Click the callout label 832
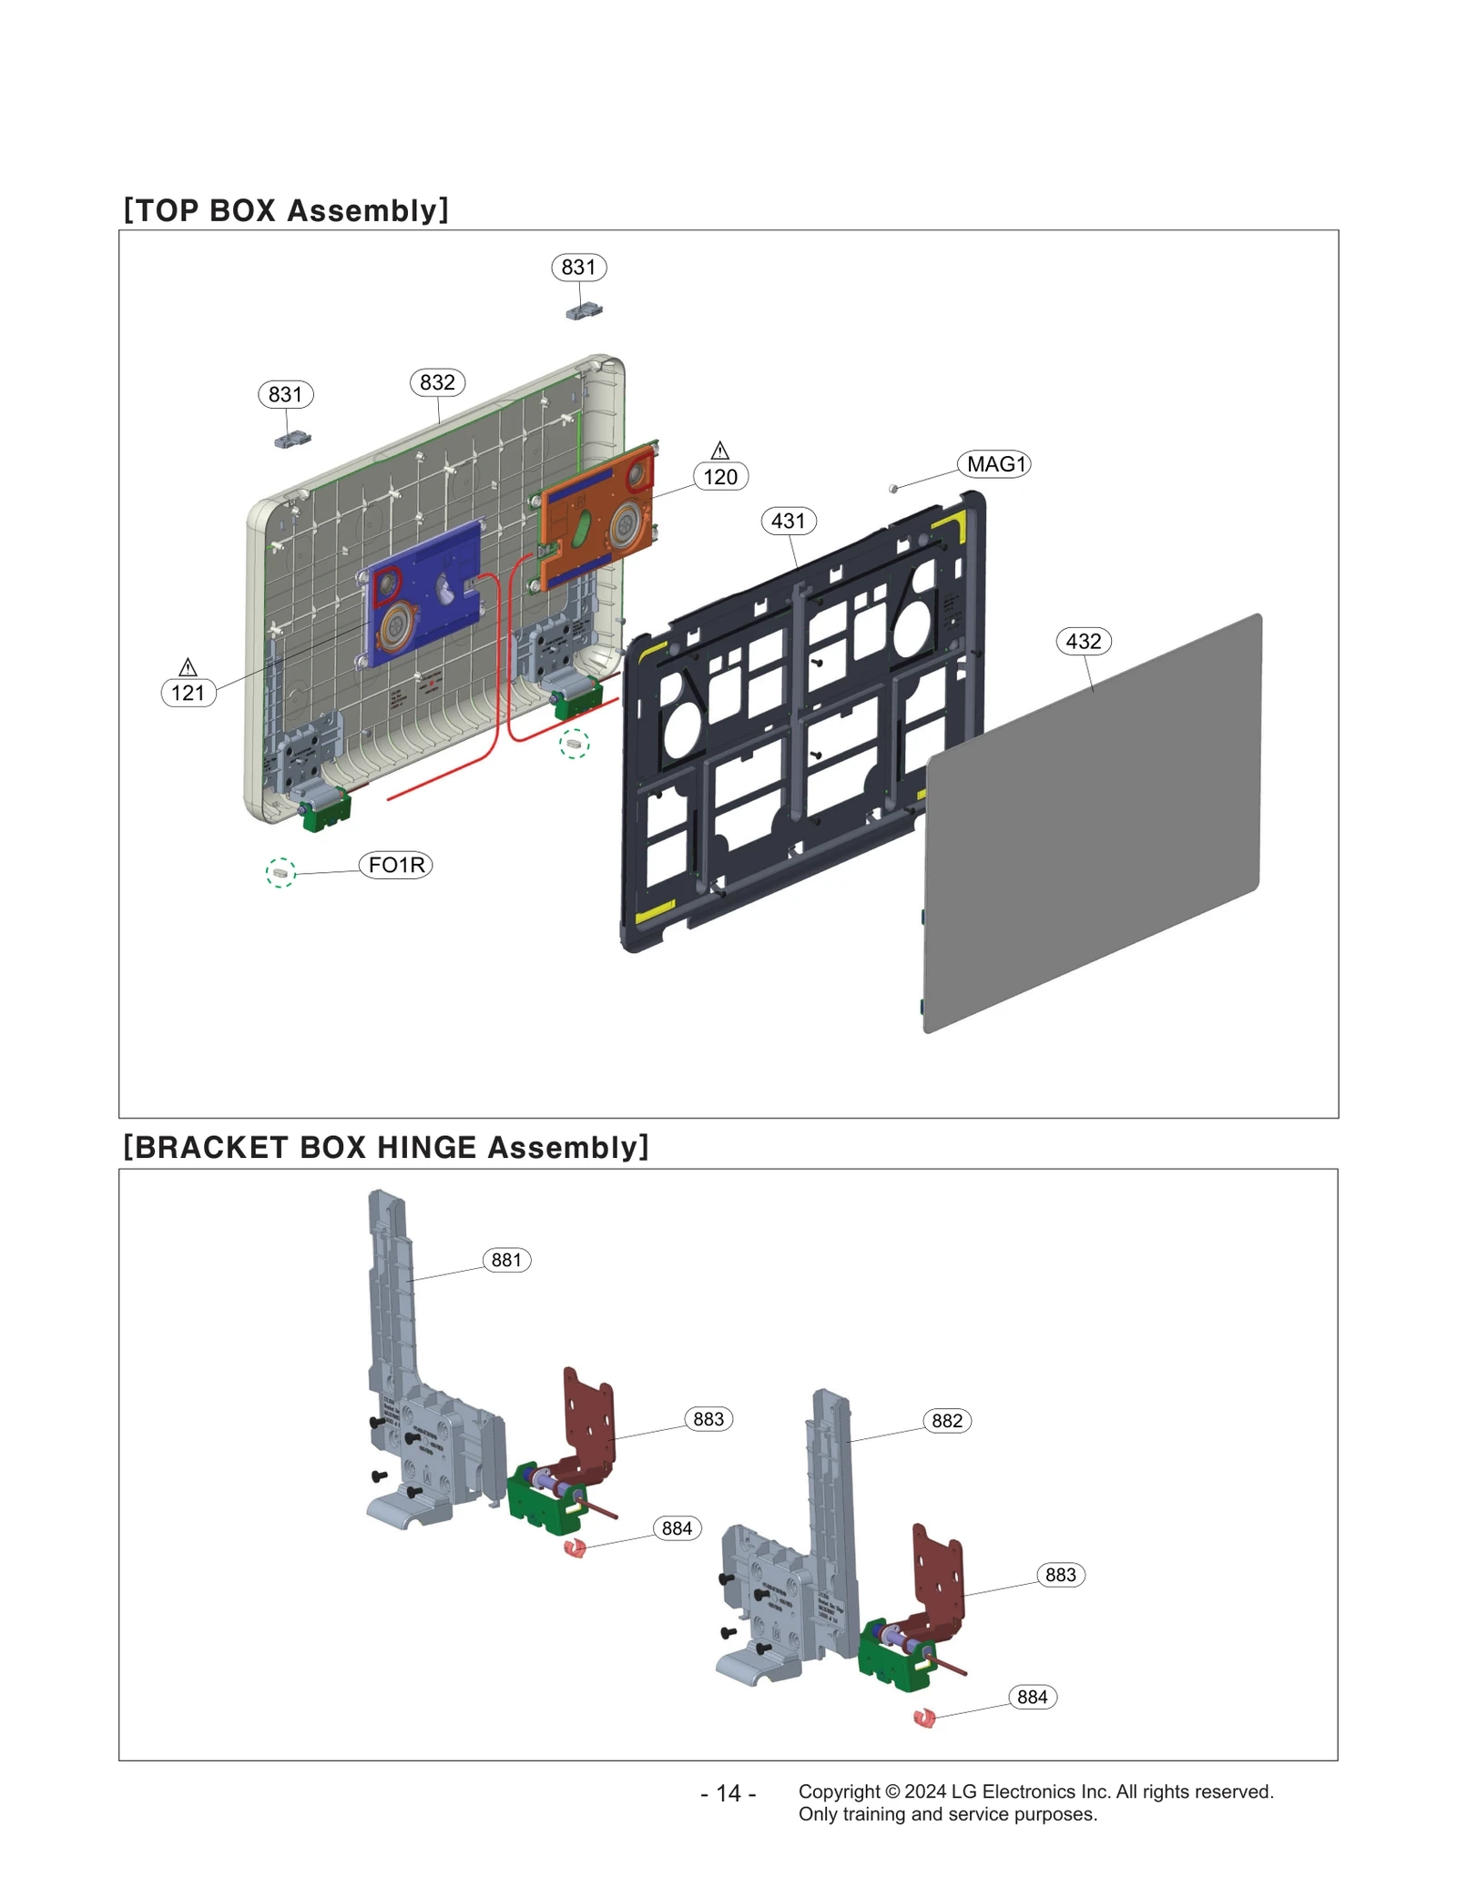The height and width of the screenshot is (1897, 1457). (437, 382)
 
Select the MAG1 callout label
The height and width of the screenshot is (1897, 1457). (994, 464)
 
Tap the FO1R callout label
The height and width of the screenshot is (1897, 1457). (396, 865)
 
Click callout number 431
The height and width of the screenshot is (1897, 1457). (789, 522)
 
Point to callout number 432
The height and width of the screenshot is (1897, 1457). (1084, 642)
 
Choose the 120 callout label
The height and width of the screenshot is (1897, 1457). (720, 477)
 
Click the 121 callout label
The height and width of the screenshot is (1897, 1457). (188, 693)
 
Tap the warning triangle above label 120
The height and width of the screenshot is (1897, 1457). (720, 451)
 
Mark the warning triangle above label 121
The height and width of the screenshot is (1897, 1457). (188, 667)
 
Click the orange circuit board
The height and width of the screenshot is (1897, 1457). (596, 519)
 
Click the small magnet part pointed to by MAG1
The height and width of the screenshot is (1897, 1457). (893, 489)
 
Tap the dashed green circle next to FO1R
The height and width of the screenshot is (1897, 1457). (280, 872)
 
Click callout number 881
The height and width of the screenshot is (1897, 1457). (506, 1260)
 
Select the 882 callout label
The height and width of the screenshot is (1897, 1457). (947, 1421)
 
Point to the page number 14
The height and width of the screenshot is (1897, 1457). (728, 1793)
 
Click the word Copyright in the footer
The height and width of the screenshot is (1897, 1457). (839, 1791)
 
